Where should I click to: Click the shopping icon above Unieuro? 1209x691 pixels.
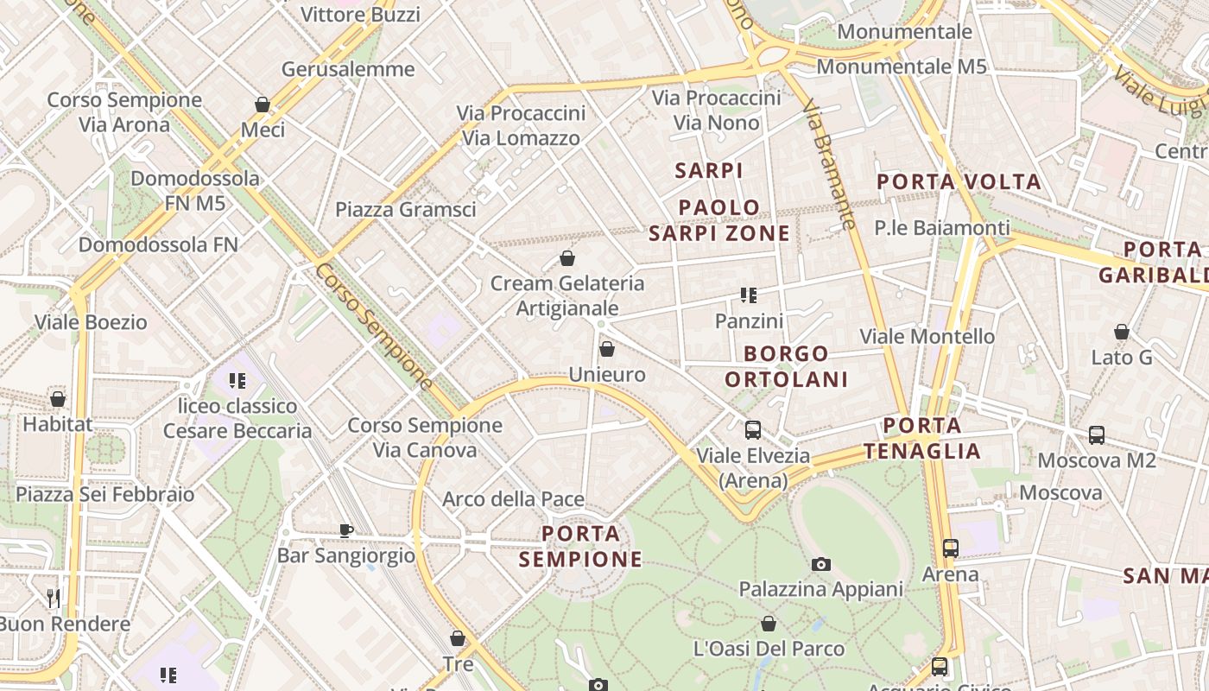point(607,349)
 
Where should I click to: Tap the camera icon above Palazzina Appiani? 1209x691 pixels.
point(821,564)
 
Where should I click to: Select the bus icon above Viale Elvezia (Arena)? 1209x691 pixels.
point(753,429)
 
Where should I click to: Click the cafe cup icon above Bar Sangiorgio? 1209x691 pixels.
point(345,530)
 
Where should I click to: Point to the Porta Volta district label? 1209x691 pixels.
point(959,182)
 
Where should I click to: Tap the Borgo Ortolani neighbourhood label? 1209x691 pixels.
point(786,366)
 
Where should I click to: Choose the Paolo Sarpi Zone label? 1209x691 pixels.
point(719,220)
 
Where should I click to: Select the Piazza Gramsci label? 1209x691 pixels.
point(406,209)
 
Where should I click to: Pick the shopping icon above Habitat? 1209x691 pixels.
point(58,399)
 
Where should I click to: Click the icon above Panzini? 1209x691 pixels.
point(748,295)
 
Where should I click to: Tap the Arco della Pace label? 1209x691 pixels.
point(513,499)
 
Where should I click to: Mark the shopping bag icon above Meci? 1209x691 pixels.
point(263,105)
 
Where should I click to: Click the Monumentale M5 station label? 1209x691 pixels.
point(901,67)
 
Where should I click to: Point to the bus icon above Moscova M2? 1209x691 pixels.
point(1097,434)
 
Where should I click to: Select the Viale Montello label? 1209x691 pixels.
point(927,336)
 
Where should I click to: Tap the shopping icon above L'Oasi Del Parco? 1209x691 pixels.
point(769,623)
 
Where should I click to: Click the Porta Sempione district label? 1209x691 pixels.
point(581,546)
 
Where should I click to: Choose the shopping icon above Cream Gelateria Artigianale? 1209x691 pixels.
point(567,257)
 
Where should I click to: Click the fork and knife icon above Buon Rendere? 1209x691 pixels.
point(54,598)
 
